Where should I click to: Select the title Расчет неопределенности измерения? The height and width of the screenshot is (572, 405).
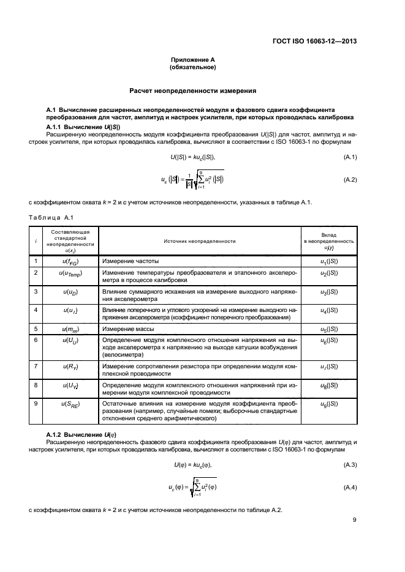coord(197,91)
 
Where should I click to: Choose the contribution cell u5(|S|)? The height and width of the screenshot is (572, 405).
coord(329,329)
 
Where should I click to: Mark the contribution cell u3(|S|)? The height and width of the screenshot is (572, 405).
coord(329,292)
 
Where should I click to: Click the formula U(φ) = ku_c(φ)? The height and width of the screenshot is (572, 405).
coord(197,466)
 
